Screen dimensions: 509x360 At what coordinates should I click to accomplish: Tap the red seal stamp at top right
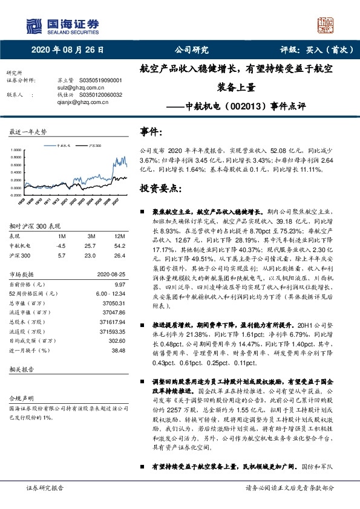click(326, 25)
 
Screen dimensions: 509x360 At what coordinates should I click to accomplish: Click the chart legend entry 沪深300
click(94, 146)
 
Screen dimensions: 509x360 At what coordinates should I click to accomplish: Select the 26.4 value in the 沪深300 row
click(121, 255)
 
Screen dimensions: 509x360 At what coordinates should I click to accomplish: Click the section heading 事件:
click(151, 131)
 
